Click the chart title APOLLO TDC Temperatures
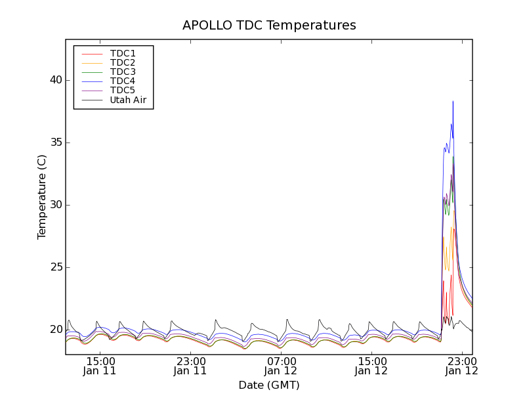click(x=269, y=26)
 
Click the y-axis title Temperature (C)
click(x=42, y=197)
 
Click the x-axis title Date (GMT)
click(x=269, y=385)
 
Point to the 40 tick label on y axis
click(x=54, y=80)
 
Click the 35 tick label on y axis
click(x=54, y=142)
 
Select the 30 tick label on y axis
click(x=54, y=205)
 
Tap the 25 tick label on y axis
click(x=54, y=267)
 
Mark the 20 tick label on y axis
click(x=54, y=330)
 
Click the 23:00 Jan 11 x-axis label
click(x=190, y=366)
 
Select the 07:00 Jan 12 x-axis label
click(x=281, y=366)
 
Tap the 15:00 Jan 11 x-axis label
click(x=100, y=366)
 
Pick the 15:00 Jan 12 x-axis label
click(x=371, y=366)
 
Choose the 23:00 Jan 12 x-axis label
click(x=462, y=366)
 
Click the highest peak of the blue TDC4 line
click(x=453, y=102)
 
